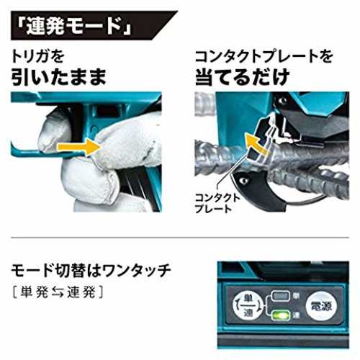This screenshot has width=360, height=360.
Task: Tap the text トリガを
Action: [37, 57]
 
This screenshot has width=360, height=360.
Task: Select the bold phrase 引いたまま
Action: [59, 77]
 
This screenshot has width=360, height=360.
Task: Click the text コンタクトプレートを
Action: [264, 57]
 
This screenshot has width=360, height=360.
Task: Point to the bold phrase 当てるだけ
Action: [243, 77]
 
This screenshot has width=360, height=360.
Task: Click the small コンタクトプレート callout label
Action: [217, 204]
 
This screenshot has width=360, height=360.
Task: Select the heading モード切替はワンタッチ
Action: [91, 271]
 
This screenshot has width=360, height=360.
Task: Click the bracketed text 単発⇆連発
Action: [58, 292]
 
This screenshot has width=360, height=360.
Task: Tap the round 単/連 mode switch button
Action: [248, 305]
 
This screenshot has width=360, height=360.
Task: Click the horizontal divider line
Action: [180, 238]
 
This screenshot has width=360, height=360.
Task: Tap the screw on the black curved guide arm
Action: [244, 181]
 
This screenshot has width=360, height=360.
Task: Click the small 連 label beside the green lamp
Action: [296, 314]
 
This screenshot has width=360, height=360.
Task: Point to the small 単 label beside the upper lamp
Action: [296, 296]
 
